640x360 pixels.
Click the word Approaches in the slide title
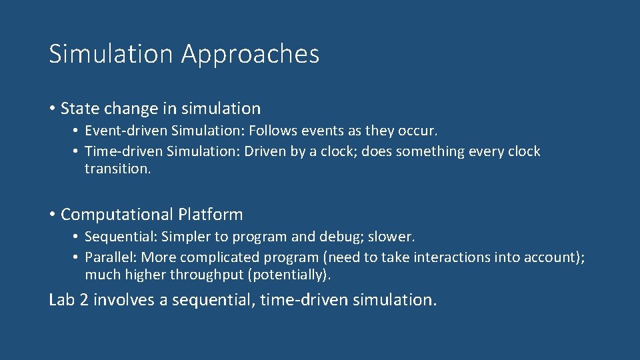point(250,55)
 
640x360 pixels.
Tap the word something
point(431,151)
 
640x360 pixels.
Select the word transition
point(117,169)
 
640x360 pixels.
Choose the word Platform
point(210,215)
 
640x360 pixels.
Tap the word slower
point(395,237)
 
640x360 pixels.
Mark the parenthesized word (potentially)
point(289,275)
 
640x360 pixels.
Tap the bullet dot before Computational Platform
point(52,215)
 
